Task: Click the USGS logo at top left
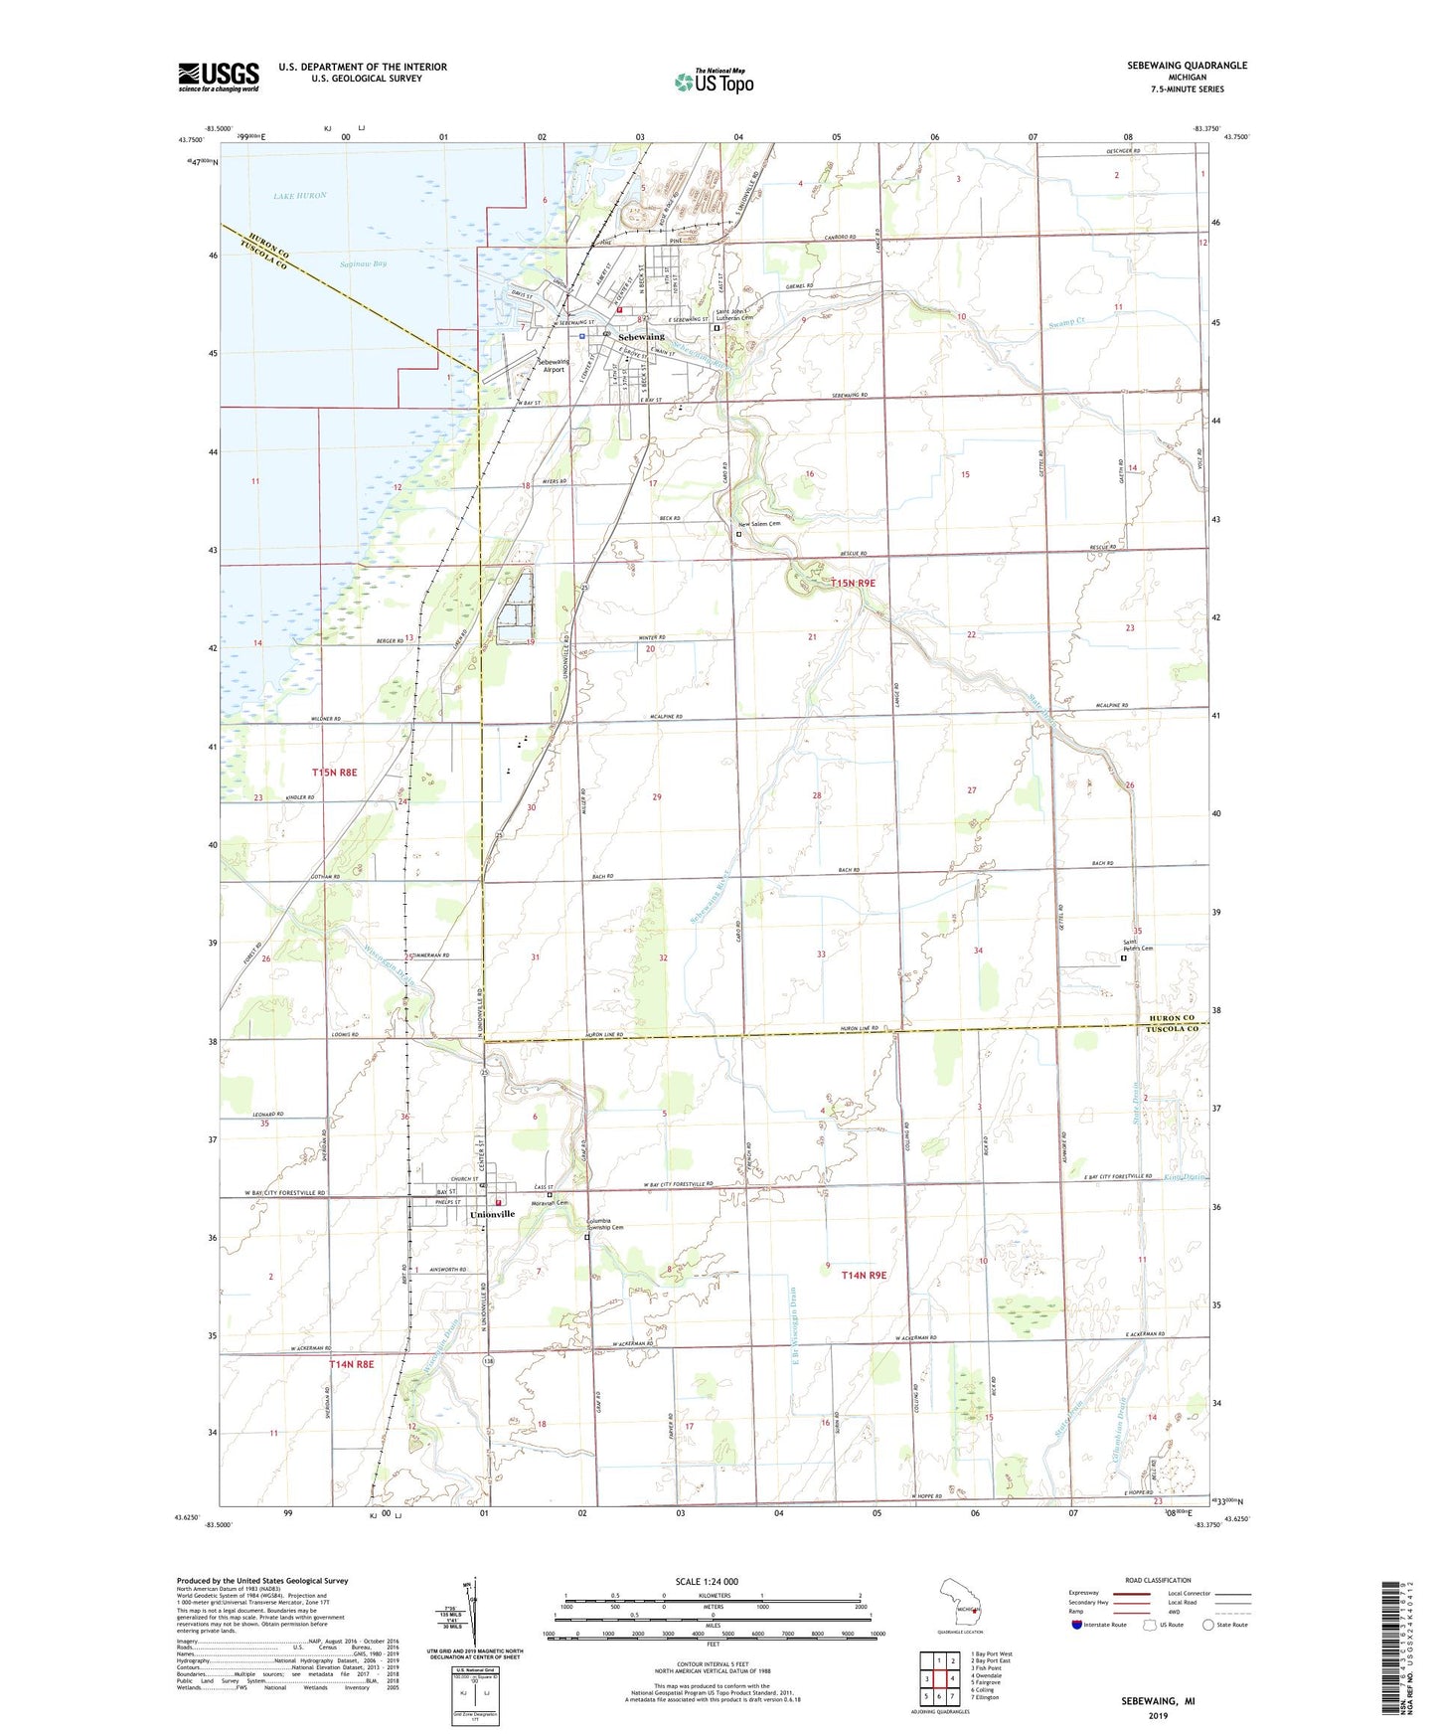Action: [219, 77]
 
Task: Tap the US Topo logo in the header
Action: [714, 82]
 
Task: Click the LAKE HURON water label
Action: [300, 196]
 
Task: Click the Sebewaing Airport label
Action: [553, 365]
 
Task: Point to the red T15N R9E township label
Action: [854, 583]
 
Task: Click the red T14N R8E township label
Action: [352, 1365]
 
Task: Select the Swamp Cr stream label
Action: [1069, 324]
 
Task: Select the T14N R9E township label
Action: [864, 1275]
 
